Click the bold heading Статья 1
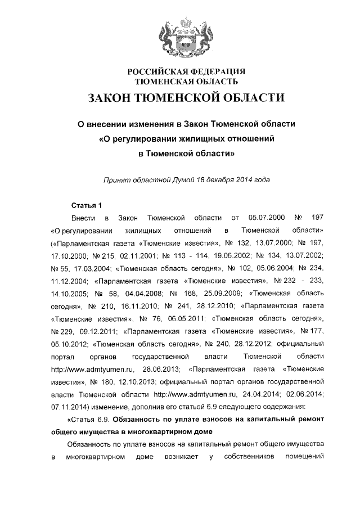coord(87,204)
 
